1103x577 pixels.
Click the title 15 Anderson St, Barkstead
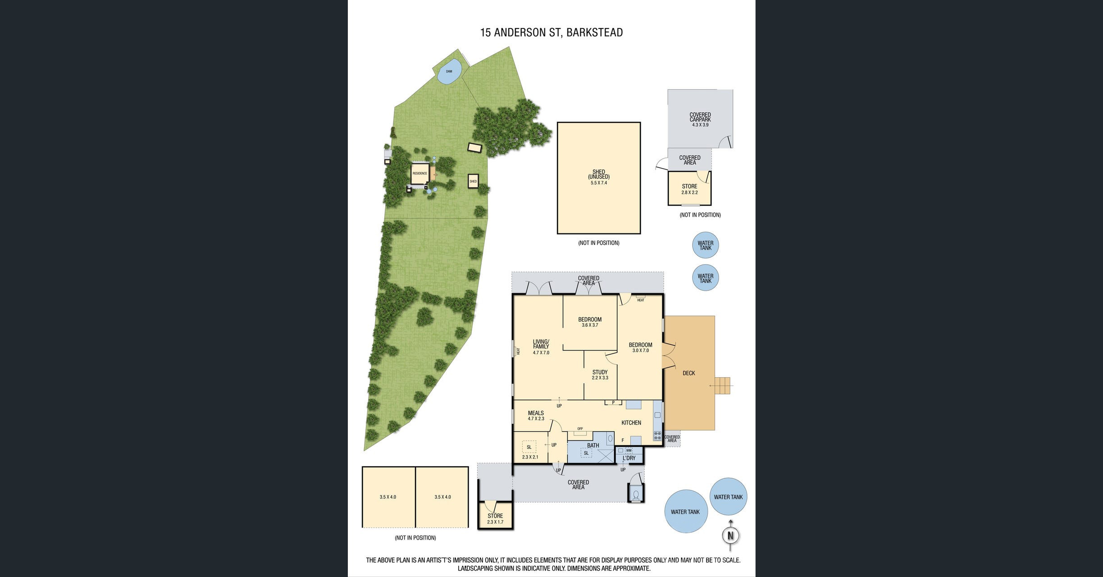(x=551, y=32)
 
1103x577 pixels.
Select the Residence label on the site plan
(x=419, y=174)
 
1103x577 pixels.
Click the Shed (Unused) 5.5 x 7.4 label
(x=599, y=177)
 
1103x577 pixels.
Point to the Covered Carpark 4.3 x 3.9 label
(x=700, y=119)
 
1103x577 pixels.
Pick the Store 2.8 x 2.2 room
(x=689, y=188)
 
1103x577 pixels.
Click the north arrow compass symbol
(x=730, y=536)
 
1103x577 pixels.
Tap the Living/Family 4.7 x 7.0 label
(x=541, y=347)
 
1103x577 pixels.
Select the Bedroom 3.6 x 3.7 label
(x=590, y=322)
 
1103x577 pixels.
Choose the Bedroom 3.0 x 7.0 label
(x=641, y=348)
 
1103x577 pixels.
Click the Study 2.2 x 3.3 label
(x=600, y=375)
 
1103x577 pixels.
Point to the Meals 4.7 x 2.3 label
(x=536, y=416)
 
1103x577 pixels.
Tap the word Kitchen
(x=631, y=423)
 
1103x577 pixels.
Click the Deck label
(x=689, y=373)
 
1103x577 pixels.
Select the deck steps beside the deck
(x=724, y=386)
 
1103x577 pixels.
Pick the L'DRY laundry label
(x=629, y=458)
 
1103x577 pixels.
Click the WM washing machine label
(x=629, y=450)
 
